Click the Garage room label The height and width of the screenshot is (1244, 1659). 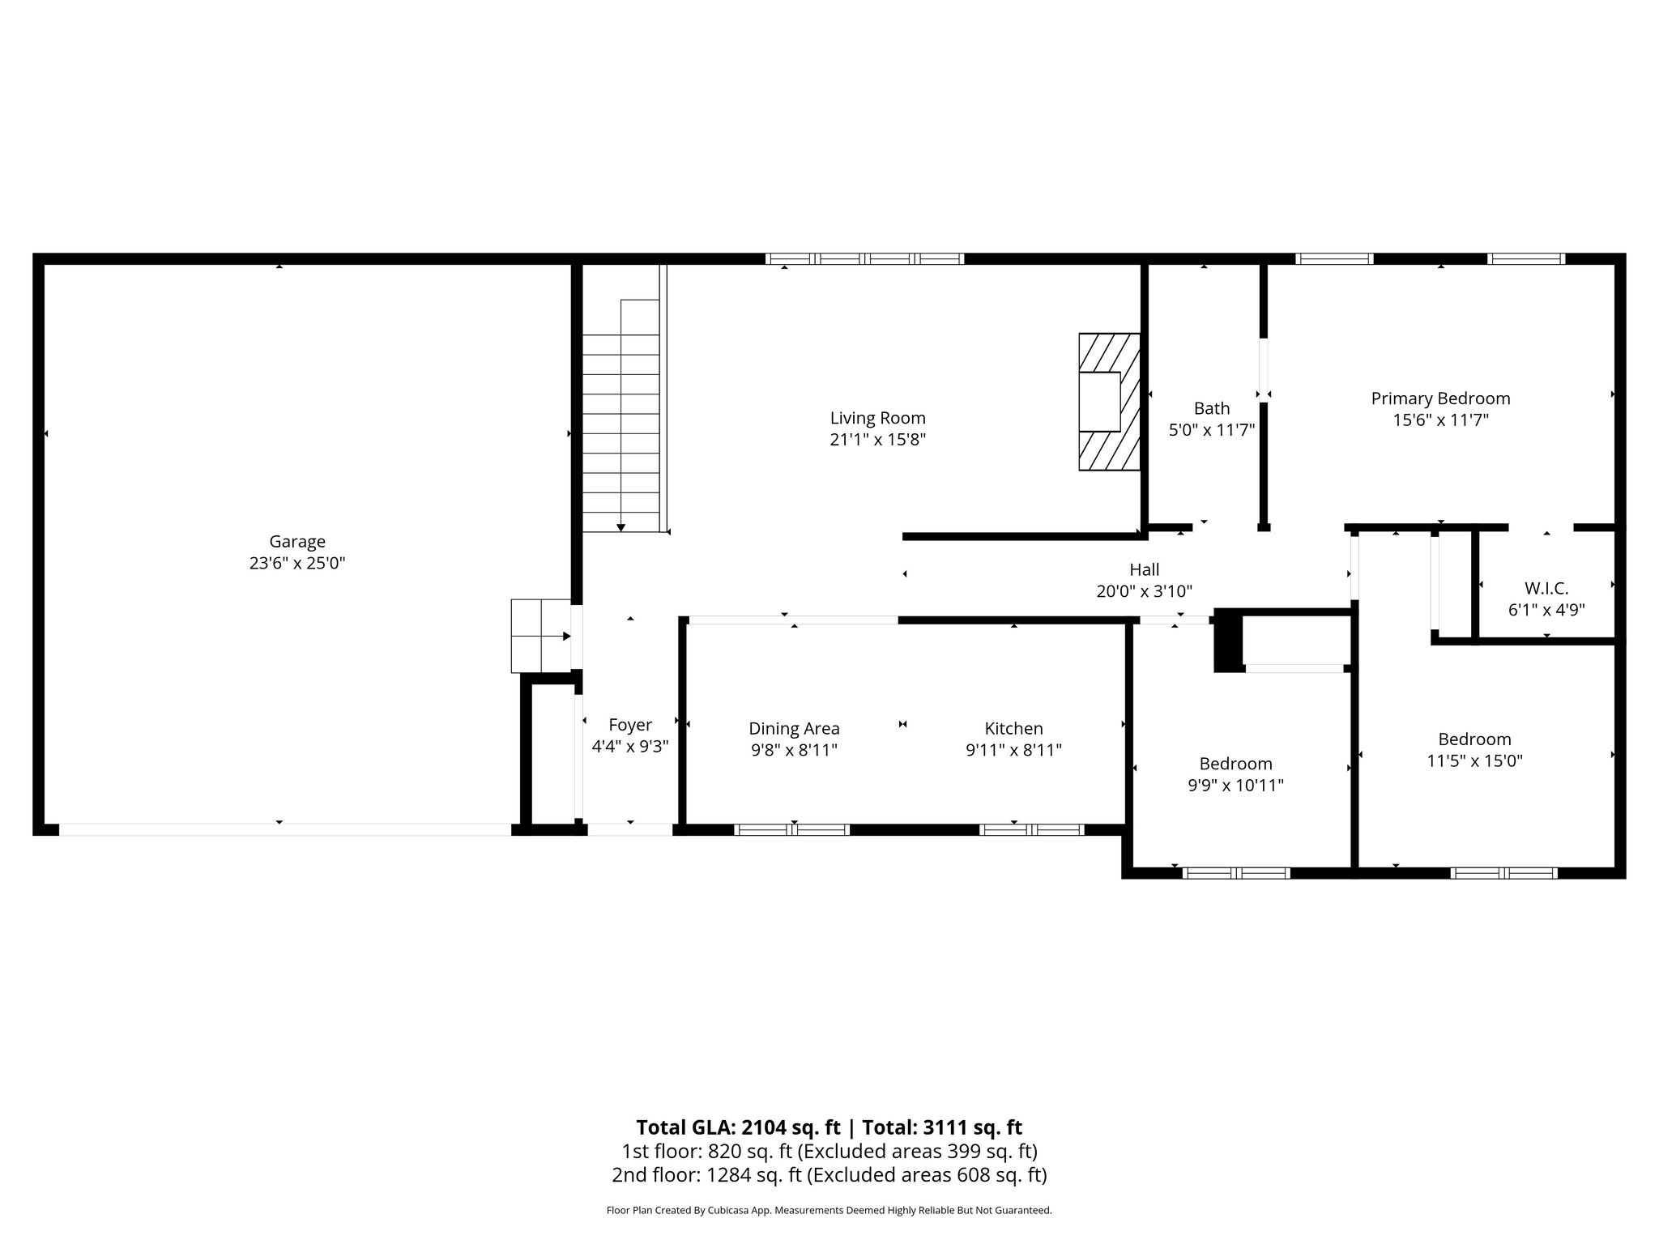point(297,541)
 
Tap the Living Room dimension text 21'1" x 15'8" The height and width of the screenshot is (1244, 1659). point(877,440)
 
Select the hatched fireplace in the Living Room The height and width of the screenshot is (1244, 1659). point(1108,402)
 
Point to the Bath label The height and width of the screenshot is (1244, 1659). point(1211,408)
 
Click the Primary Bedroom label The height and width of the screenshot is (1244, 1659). point(1439,398)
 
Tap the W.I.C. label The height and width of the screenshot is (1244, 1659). point(1546,589)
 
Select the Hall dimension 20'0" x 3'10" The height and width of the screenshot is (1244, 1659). point(1144,592)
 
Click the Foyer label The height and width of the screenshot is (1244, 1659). point(629,725)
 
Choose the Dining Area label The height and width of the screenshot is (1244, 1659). point(794,728)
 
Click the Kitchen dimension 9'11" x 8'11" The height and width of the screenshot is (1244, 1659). point(1013,751)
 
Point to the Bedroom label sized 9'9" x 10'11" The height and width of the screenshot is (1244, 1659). point(1235,764)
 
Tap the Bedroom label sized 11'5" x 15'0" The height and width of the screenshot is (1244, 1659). point(1474,739)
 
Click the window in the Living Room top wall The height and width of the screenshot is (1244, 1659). point(864,259)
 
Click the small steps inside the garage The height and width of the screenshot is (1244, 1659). point(540,636)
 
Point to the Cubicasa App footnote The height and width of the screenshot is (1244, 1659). point(829,1211)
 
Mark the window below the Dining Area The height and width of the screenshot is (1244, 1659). point(791,829)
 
